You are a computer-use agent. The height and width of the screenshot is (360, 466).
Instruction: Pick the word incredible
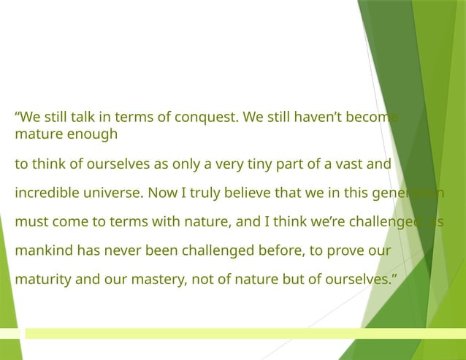tap(46, 193)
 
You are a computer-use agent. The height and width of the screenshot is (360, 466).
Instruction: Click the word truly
tap(204, 193)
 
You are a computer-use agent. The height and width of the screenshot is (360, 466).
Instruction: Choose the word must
tap(30, 221)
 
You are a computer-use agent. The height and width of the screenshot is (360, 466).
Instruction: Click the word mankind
tap(41, 250)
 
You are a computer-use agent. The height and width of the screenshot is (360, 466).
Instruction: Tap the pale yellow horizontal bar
tap(241, 333)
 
